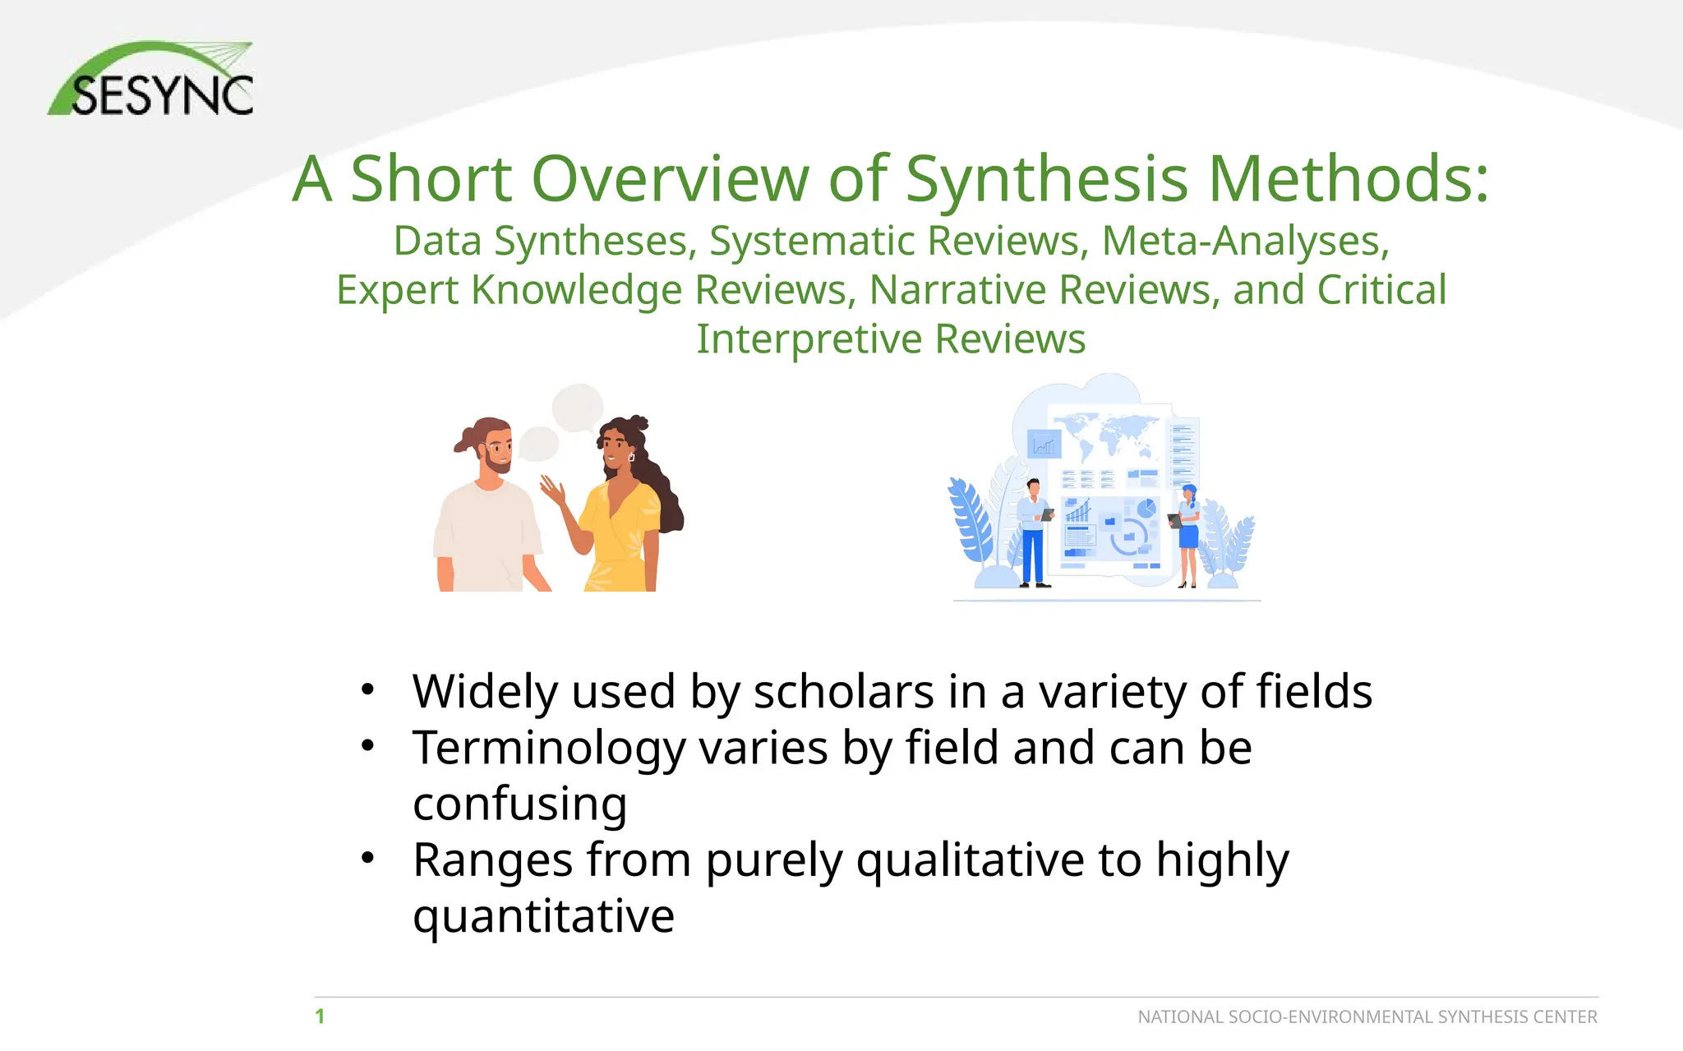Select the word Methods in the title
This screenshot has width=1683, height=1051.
coord(1348,178)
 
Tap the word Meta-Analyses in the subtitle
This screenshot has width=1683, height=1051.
coord(1244,242)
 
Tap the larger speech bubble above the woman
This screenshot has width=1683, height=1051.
coord(578,407)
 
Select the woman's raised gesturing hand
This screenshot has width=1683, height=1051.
coord(553,491)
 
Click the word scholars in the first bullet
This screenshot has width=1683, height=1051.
coord(844,692)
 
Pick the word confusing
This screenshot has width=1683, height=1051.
coord(519,804)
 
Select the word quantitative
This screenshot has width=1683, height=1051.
coord(543,916)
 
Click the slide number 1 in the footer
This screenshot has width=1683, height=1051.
coord(320,1016)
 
